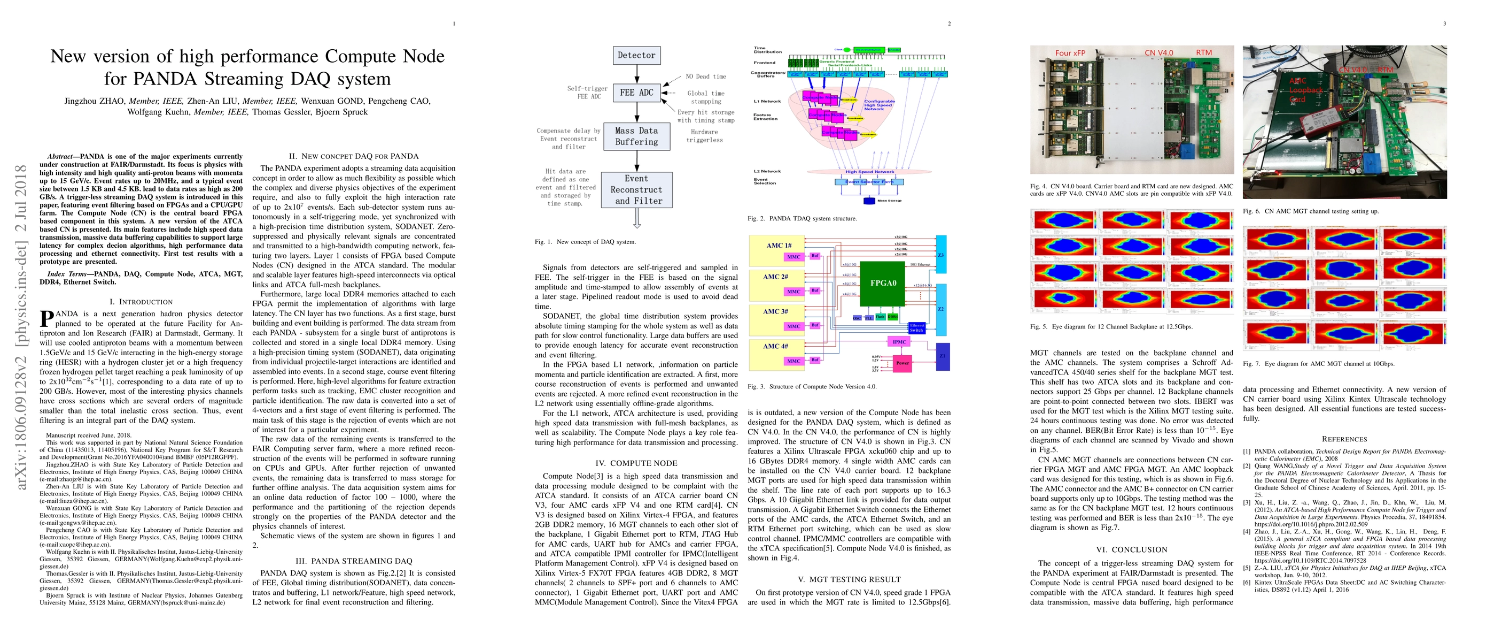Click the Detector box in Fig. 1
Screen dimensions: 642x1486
point(636,56)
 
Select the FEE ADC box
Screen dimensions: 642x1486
point(636,93)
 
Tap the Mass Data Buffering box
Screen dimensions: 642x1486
point(636,136)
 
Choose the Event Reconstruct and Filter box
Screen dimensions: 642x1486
point(636,190)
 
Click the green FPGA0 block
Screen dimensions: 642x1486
point(883,283)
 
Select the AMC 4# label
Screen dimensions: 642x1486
point(775,346)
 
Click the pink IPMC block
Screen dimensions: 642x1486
point(899,342)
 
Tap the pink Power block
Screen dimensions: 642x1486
point(902,363)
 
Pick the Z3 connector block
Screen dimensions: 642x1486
point(941,255)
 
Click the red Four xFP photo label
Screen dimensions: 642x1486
point(1070,53)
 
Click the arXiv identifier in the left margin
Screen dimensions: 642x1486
point(21,327)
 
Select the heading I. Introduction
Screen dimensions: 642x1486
point(141,302)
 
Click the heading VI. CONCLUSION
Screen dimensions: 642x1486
point(1131,549)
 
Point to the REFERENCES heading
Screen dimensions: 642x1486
point(1344,439)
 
